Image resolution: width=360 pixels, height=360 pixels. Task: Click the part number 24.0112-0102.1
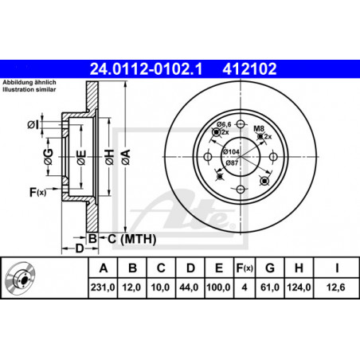pos(146,68)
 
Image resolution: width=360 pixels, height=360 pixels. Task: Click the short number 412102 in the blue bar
pos(249,68)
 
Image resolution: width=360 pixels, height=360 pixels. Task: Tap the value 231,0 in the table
pos(103,288)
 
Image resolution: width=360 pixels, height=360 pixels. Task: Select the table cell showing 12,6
pos(336,288)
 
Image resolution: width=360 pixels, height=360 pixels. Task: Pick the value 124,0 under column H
pos(299,288)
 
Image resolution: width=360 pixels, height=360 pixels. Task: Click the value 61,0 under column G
pos(270,288)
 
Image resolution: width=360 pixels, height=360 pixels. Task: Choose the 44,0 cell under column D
pos(189,288)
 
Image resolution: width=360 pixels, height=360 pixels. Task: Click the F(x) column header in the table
pos(245,268)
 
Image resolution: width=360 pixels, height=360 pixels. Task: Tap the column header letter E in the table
pos(219,268)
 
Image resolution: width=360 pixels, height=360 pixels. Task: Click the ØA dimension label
pos(126,157)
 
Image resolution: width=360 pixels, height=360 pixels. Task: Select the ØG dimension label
pos(49,157)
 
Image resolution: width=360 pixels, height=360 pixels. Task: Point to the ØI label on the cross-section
pos(33,124)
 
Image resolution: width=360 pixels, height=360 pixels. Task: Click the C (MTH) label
pos(131,239)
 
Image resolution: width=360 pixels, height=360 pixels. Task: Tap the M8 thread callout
pos(259,129)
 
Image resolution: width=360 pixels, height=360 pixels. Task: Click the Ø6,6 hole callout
pos(224,124)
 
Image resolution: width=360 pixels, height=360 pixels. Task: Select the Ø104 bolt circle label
pos(231,151)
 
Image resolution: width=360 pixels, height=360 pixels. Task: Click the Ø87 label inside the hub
pos(232,162)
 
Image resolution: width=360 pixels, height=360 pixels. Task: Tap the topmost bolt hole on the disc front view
pos(241,123)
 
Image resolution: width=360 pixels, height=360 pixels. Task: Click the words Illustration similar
pos(29,89)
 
